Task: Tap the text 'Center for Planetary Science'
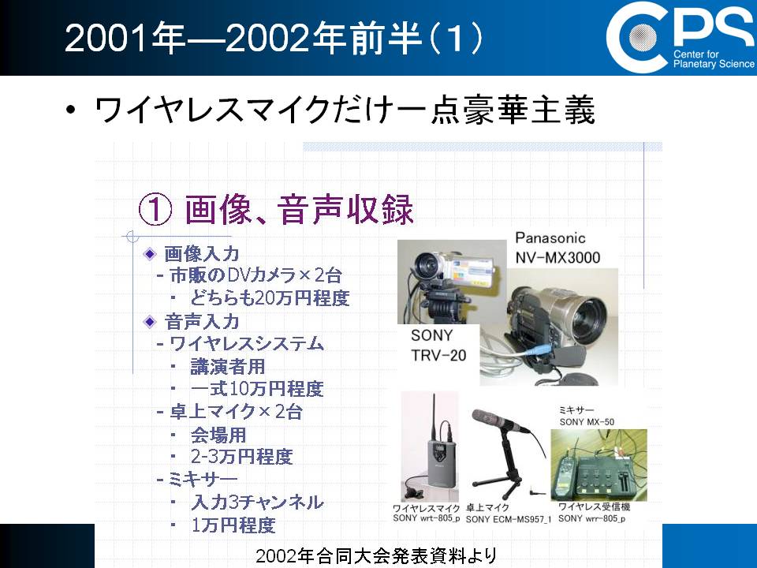[x=714, y=59]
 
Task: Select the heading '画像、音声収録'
[x=299, y=209]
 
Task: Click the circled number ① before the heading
[x=155, y=210]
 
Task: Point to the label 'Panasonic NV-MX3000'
[x=557, y=247]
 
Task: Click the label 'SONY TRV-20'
[x=438, y=345]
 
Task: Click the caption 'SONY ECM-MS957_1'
[x=509, y=520]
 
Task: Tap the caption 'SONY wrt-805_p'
[x=427, y=518]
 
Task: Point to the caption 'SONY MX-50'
[x=587, y=421]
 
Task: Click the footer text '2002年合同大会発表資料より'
[x=376, y=556]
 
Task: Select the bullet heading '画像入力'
[x=202, y=253]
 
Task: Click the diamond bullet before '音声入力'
[x=150, y=321]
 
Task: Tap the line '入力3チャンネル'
[x=257, y=503]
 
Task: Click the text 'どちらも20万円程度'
[x=270, y=298]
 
